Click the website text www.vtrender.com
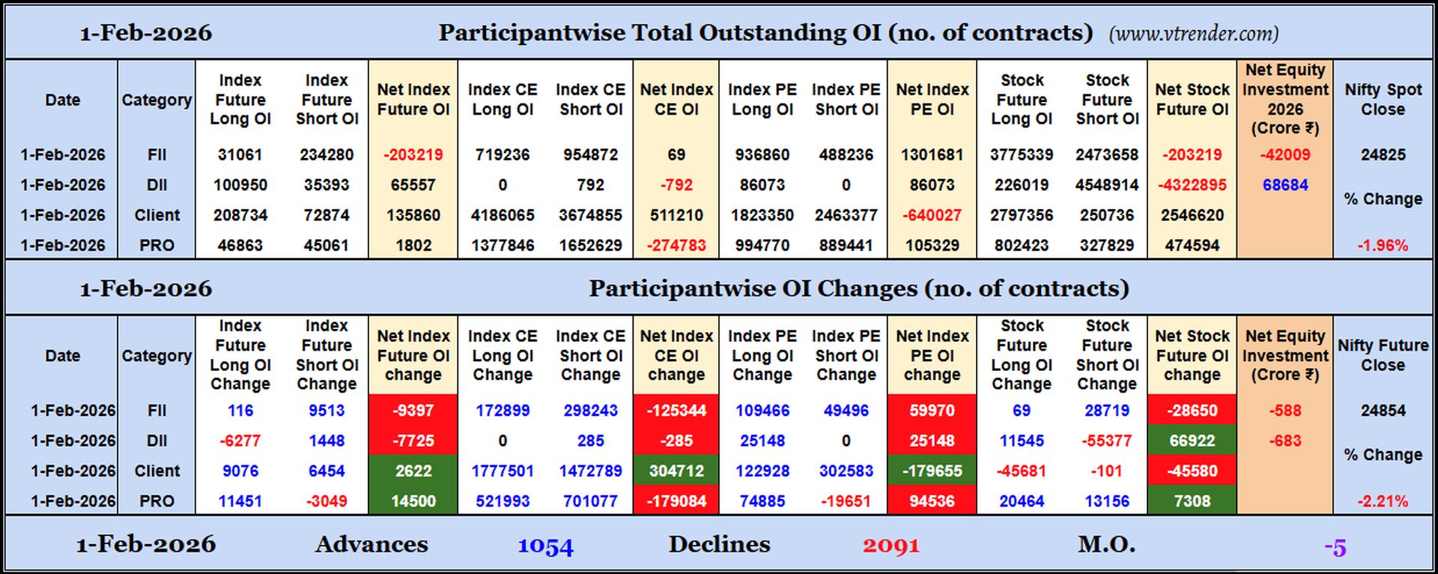1193,34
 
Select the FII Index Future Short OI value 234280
327,155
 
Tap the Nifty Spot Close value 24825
1383,155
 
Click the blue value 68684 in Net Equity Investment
1284,185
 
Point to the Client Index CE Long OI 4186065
503,216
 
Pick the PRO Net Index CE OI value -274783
676,246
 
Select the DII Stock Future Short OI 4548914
1107,185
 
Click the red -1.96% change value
1383,246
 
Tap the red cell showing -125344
676,411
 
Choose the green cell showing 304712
676,471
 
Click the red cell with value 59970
932,411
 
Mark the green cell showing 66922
1192,441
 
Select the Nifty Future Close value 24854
1383,411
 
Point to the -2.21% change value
1383,501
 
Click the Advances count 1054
545,546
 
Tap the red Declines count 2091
891,546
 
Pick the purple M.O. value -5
1335,547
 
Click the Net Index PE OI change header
932,355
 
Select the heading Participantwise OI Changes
858,288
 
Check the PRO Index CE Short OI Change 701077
590,501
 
